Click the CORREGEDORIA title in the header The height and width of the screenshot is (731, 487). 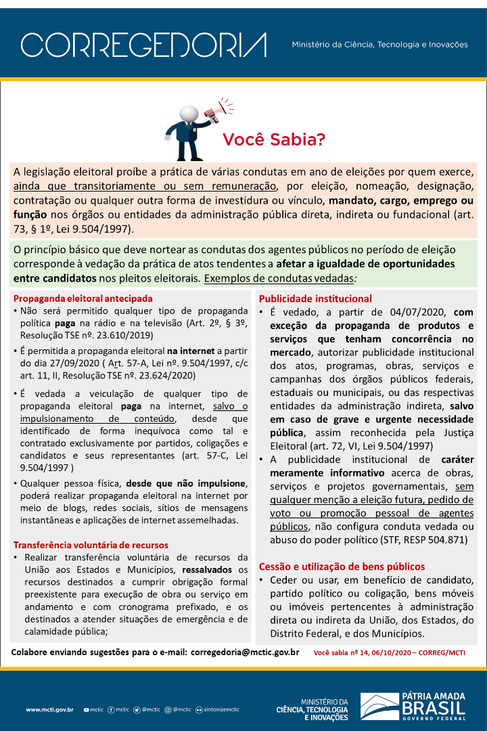[143, 45]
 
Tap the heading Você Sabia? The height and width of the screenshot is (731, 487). [274, 140]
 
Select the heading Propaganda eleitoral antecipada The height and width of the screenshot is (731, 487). [83, 298]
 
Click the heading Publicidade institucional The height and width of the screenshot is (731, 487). [315, 298]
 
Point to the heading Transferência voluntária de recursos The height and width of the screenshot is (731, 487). [91, 545]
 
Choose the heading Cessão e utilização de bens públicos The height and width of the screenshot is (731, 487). [342, 567]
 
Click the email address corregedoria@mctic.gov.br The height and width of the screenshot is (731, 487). [245, 652]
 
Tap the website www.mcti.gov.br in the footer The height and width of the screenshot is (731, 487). [49, 709]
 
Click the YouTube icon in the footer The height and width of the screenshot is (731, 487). [86, 709]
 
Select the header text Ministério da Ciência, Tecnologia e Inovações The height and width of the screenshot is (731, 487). [379, 45]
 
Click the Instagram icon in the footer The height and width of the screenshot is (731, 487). [168, 709]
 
